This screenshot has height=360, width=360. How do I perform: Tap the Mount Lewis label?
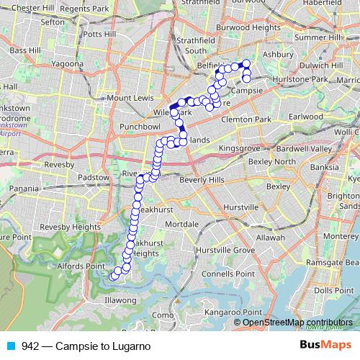coord(130,97)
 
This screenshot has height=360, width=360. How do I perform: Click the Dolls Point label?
coord(330,290)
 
